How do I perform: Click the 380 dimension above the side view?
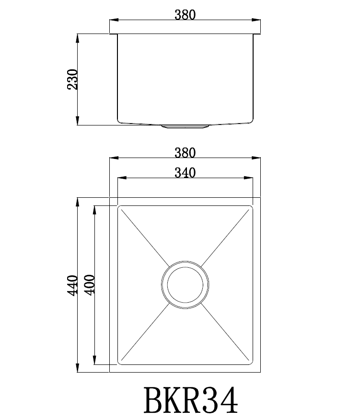coord(185,15)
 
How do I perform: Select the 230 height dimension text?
coord(72,79)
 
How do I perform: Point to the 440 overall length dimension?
coord(72,285)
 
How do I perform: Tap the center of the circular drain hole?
coord(185,283)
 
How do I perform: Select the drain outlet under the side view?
coord(185,127)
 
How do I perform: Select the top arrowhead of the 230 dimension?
coord(78,37)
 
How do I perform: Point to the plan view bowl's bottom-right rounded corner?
coord(250,363)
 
